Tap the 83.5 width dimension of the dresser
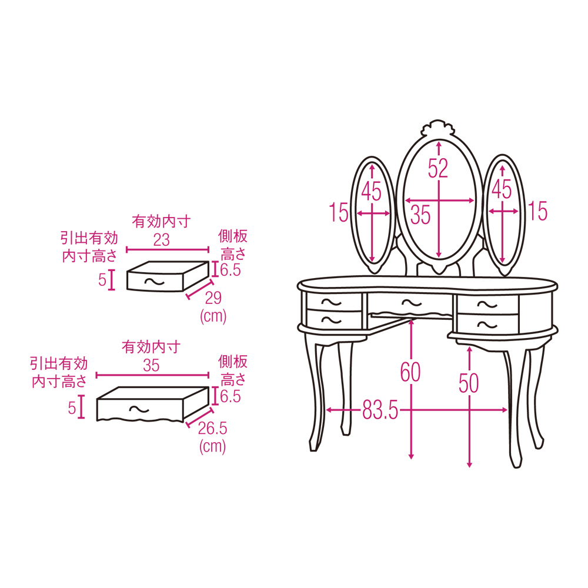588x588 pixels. (380, 410)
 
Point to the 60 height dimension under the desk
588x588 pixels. (410, 372)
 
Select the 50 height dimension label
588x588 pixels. (469, 383)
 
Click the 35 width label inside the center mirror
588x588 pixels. (420, 215)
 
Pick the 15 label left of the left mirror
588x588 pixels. (339, 212)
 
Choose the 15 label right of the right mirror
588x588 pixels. (538, 211)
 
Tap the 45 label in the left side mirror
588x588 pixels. (371, 191)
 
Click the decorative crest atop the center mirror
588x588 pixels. (439, 129)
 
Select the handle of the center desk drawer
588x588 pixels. (412, 302)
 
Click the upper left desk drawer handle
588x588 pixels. (332, 302)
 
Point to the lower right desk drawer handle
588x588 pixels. (487, 325)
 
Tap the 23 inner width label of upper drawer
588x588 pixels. (161, 240)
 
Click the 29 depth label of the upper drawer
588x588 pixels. (213, 298)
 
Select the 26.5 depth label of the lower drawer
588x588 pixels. (212, 428)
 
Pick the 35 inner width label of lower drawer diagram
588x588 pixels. (151, 365)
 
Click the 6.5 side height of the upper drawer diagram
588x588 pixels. (230, 270)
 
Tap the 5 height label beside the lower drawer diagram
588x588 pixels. (72, 407)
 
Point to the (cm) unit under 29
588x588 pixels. (213, 316)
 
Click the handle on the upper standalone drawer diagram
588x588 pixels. (154, 281)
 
